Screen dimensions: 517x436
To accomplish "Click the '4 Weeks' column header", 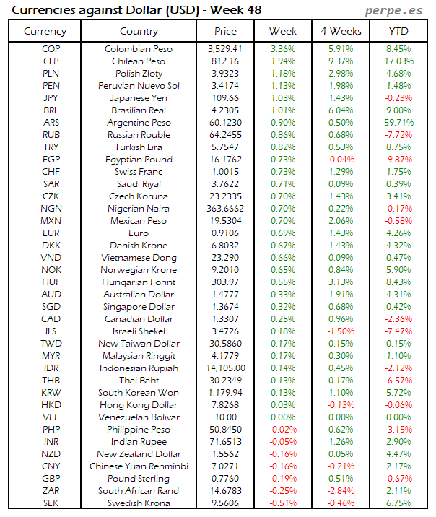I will click(340, 31).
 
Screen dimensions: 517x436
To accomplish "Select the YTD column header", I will click(396, 31).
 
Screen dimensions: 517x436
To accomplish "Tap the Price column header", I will click(225, 31).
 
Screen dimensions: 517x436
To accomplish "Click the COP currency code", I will click(51, 49).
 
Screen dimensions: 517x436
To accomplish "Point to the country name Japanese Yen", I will click(139, 98).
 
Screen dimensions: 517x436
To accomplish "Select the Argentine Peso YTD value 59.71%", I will click(398, 123).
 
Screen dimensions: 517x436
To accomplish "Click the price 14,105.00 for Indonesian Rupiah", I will click(225, 368).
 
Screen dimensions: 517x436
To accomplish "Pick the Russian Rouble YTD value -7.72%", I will click(399, 135).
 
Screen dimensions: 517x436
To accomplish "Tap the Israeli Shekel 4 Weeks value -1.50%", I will click(341, 331).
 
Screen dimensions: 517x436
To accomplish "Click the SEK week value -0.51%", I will click(283, 503).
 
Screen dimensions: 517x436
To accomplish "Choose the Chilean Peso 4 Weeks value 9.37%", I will click(342, 61).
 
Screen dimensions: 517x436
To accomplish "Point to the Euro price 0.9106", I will click(226, 233).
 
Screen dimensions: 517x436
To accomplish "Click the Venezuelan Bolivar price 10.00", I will click(226, 417).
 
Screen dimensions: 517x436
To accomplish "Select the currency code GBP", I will click(51, 479).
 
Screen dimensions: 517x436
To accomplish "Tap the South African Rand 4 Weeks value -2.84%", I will click(341, 491).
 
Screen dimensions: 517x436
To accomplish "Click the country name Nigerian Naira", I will click(139, 209).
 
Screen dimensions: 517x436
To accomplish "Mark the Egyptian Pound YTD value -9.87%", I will click(399, 160).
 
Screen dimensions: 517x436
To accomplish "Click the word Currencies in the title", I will click(44, 10).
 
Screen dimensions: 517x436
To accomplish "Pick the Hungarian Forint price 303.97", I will click(226, 282).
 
